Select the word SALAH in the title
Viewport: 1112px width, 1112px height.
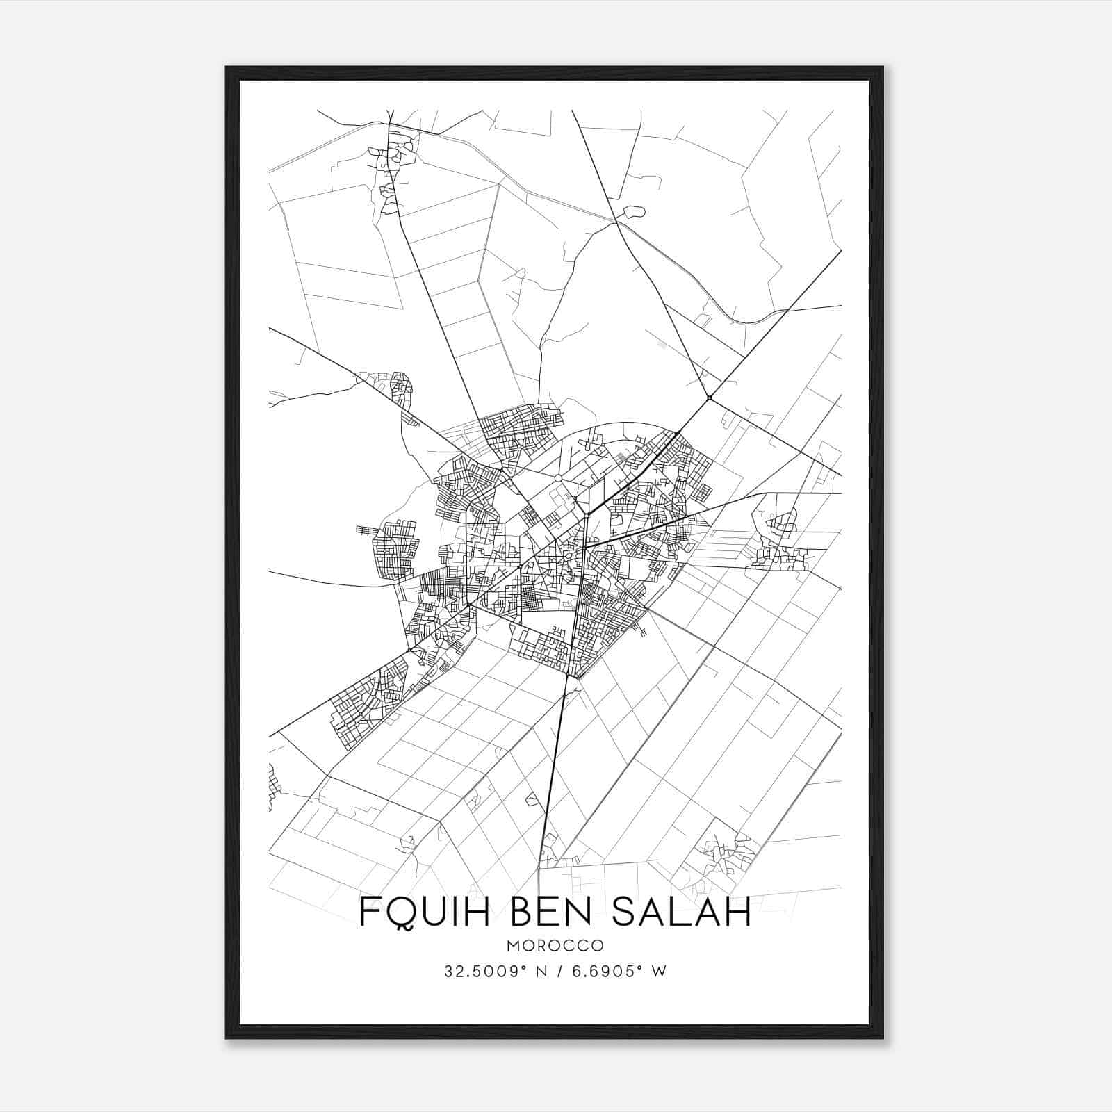pos(682,913)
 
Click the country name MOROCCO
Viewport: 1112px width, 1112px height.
pos(555,946)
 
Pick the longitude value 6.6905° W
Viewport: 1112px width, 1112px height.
pos(617,972)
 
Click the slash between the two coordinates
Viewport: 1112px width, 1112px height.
pos(557,972)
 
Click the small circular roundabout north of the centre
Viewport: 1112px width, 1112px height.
pos(557,478)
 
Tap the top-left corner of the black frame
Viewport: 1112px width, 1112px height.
pos(227,68)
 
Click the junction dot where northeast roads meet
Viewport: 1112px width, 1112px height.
pos(709,398)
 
